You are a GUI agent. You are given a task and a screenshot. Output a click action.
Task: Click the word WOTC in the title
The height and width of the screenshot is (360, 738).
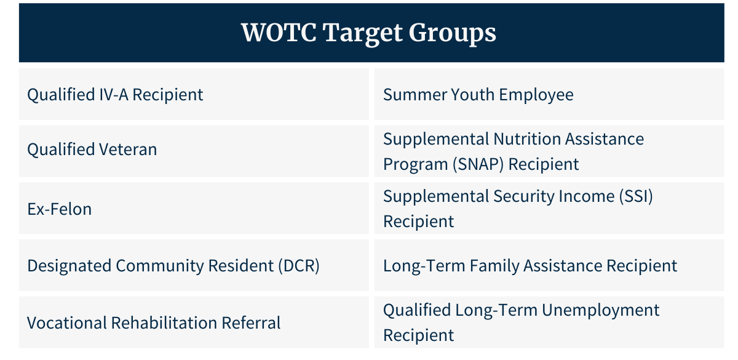(279, 33)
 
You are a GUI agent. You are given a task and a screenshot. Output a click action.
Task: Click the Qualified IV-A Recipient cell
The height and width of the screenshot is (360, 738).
(194, 94)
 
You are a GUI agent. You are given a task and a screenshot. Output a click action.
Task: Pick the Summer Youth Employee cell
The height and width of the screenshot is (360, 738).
(549, 94)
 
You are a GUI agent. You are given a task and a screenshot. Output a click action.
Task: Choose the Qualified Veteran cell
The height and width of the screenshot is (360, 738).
(194, 151)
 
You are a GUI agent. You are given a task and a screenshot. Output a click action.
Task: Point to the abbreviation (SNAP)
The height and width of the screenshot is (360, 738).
(478, 164)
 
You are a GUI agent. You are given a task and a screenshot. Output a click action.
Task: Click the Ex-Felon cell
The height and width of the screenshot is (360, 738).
(194, 208)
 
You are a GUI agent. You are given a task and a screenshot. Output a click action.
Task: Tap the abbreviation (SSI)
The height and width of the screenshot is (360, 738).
(636, 196)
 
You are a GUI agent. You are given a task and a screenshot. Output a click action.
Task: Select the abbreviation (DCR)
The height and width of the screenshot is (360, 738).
(299, 266)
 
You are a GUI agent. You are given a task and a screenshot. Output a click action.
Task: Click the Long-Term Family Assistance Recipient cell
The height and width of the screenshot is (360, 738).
(549, 265)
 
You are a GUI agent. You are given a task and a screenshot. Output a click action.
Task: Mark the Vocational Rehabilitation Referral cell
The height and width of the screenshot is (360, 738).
(194, 322)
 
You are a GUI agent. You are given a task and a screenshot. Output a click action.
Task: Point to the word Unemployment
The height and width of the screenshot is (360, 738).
(600, 311)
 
